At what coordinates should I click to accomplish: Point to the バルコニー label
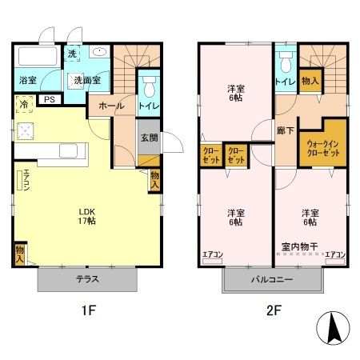tap(273, 280)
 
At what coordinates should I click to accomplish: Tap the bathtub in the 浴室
tap(37, 58)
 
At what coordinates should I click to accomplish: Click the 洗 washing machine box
tap(73, 54)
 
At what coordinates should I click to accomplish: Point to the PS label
tap(49, 100)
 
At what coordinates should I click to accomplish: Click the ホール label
tap(110, 106)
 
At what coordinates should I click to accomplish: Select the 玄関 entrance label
tap(149, 138)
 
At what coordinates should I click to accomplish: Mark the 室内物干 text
tap(301, 246)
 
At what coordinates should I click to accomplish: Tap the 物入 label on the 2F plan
tap(310, 80)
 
